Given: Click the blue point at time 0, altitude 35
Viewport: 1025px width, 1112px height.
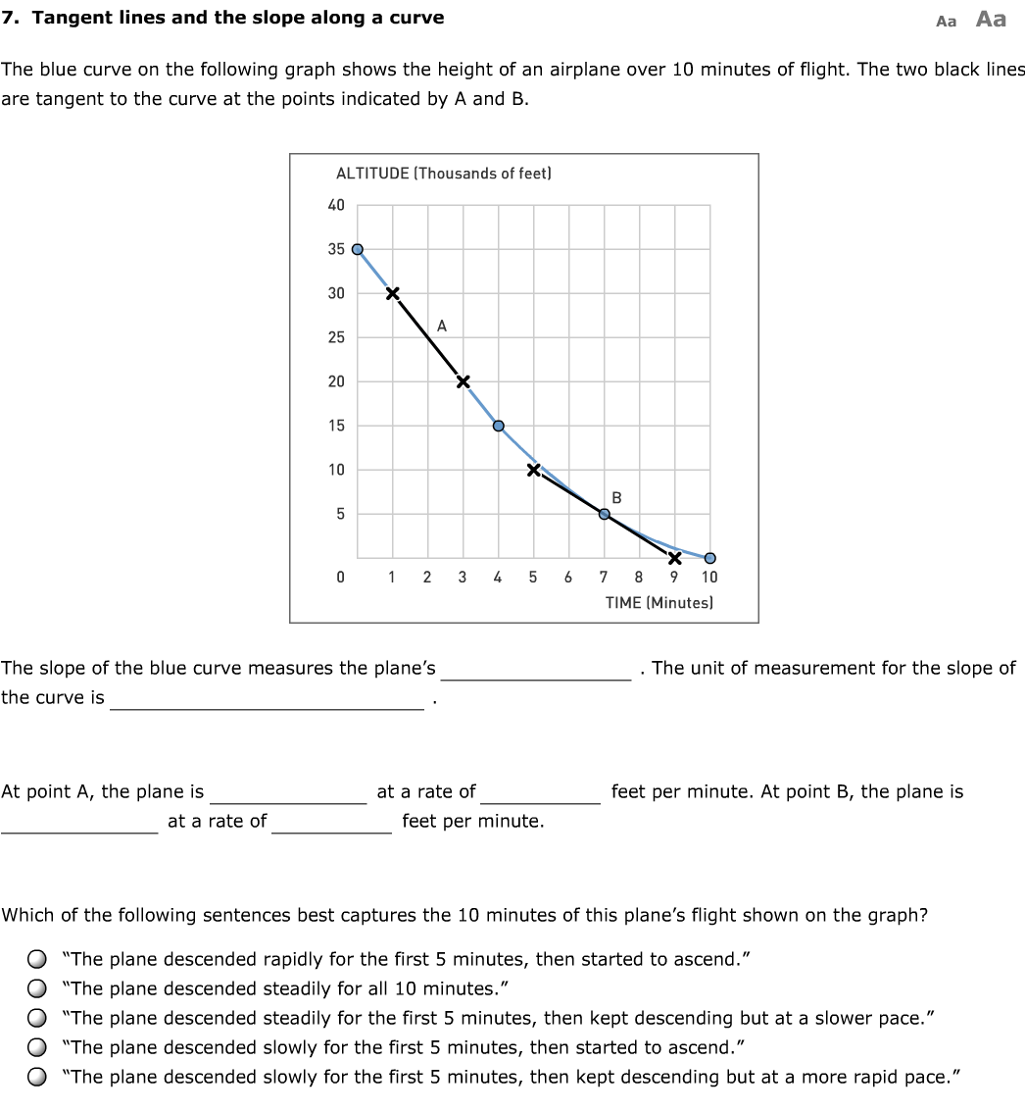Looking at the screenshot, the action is coord(358,249).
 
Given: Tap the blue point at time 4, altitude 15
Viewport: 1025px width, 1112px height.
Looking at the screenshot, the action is coord(498,426).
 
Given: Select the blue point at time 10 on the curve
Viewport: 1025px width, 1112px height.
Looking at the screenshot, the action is coord(709,559).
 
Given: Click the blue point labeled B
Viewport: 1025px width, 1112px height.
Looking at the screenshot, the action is coord(605,513).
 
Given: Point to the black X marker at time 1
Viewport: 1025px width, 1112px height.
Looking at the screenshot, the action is coord(392,293).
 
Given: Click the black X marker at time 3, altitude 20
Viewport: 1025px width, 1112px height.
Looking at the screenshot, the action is coord(463,380).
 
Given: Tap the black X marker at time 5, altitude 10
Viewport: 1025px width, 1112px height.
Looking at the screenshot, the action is coord(533,470).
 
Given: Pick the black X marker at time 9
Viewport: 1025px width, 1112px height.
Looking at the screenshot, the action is coord(674,559).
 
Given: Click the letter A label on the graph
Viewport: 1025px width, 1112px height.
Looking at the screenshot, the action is coord(442,327).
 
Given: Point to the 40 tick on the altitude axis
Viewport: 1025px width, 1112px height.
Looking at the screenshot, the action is coord(336,205).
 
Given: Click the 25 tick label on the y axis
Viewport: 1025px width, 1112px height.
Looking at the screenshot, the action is coord(336,337).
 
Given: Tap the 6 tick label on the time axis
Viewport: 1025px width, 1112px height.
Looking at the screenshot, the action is coord(568,578).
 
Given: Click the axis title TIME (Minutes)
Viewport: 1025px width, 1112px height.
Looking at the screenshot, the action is coord(659,602).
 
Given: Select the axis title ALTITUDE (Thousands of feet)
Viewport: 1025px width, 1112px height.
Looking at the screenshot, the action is coord(444,174).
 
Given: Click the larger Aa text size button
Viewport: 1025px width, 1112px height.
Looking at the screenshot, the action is coord(991,20).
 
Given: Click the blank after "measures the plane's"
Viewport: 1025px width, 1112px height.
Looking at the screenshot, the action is coord(536,669).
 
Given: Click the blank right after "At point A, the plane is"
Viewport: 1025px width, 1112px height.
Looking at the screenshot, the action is coord(289,792).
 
